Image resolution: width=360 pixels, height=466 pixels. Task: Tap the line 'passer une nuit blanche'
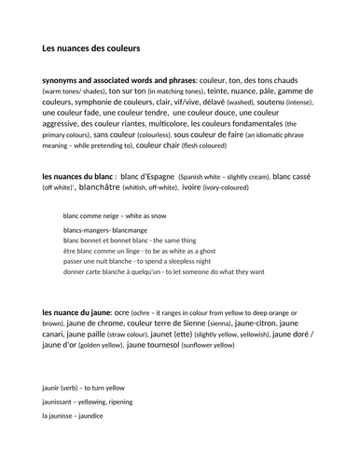(155, 261)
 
